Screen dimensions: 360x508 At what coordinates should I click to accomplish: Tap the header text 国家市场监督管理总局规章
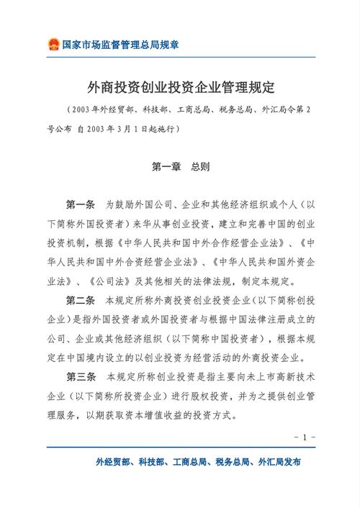point(120,45)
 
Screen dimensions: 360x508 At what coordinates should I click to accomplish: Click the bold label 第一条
point(81,204)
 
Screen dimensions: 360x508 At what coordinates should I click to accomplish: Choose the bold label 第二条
point(81,299)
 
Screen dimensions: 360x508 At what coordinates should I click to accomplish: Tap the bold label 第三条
point(81,376)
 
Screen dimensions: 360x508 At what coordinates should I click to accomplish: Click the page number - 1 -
point(305,437)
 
